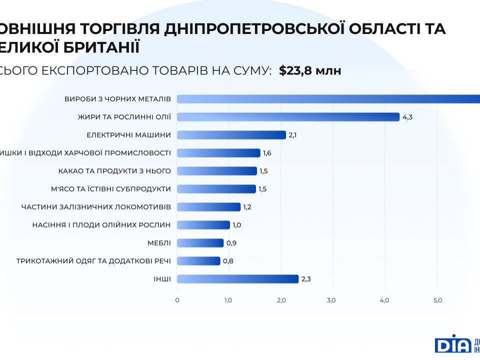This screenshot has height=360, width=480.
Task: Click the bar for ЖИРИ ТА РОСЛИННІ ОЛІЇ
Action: point(288,117)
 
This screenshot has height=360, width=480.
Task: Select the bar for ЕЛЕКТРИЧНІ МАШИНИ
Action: point(231,135)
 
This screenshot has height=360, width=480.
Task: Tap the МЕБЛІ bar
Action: point(200,243)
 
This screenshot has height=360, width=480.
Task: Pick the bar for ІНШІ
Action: point(237,279)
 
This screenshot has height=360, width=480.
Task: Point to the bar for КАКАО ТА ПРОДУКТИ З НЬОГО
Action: point(216,171)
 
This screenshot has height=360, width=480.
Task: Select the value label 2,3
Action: point(306,279)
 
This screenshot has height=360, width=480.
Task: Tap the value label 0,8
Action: point(227,261)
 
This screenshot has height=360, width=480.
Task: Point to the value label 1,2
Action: point(248,207)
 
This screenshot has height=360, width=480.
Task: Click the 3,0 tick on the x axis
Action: point(331,300)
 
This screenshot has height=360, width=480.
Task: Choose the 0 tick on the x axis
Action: point(177,300)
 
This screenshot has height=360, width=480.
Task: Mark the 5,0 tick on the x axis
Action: point(437,300)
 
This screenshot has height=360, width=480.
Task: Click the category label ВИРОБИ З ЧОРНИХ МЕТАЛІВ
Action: point(118,99)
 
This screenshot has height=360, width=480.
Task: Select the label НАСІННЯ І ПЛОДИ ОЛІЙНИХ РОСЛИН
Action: point(101,225)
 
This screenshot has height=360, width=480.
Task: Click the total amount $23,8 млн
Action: point(310,70)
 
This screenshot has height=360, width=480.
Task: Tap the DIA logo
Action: point(452,344)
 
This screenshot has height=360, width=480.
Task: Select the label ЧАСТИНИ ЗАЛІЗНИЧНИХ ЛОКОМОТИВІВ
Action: point(96,207)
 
